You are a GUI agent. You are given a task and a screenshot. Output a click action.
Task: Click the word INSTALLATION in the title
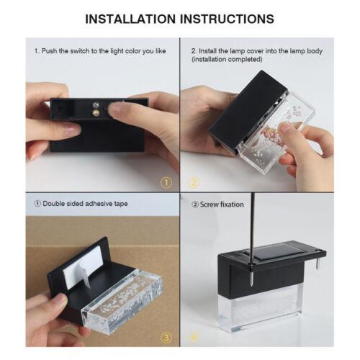coord(130,19)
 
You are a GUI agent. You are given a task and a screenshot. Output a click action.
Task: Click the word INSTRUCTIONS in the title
coord(228,19)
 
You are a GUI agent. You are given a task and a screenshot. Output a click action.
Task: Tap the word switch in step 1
coord(80,51)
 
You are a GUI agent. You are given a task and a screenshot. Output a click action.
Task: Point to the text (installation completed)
coord(227,59)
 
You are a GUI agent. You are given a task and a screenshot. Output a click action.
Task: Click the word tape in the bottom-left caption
coord(121,204)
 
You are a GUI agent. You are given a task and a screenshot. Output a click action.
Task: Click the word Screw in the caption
coord(208,204)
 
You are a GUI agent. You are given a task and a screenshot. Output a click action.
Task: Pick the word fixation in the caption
coord(232,204)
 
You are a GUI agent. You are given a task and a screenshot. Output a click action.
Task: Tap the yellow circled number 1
coord(166,183)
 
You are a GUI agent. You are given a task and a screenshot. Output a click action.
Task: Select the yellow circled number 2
coord(194,183)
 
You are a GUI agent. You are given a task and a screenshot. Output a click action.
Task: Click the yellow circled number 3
coord(166,338)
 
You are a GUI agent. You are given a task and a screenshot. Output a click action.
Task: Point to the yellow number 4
coord(194,338)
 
